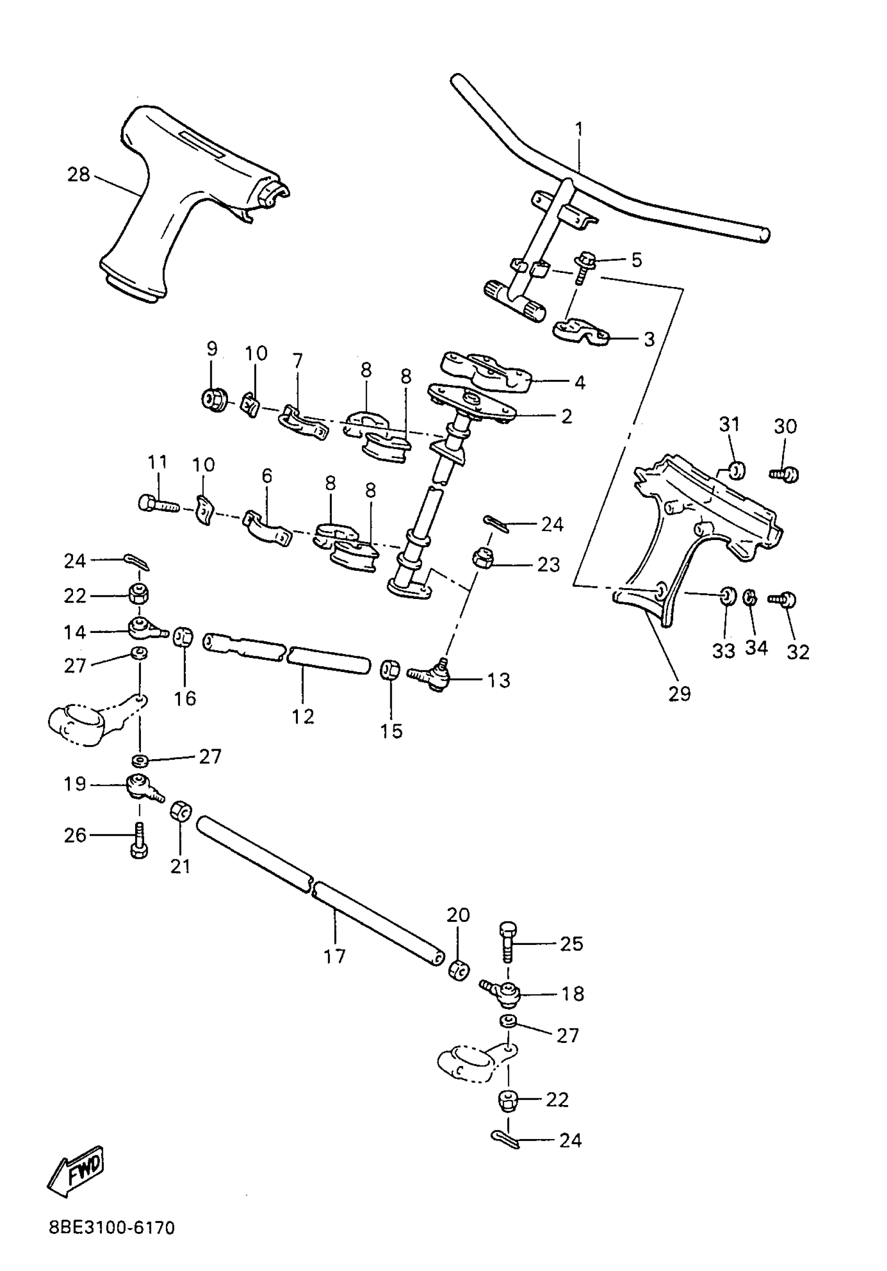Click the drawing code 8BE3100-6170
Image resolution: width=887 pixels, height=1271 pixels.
click(112, 1243)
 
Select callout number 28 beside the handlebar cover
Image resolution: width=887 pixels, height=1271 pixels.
click(78, 174)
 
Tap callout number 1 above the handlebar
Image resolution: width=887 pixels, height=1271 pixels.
click(579, 129)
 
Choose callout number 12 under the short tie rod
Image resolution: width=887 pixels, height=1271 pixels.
click(303, 716)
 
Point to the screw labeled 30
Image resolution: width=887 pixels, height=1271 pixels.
click(785, 474)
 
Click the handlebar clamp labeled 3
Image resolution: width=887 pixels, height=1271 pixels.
click(580, 331)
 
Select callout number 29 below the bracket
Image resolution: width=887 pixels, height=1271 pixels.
click(679, 693)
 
